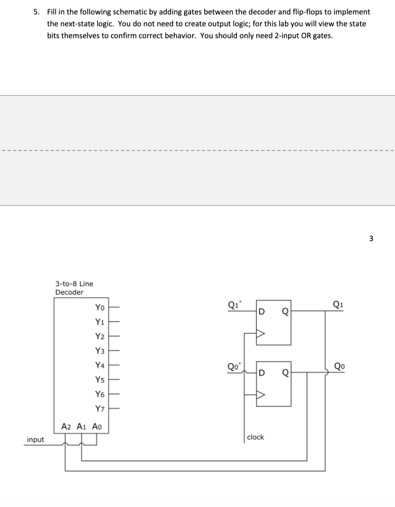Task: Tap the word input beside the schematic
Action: coord(36,440)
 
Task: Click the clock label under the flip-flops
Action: coord(255,437)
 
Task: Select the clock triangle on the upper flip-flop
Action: coord(261,333)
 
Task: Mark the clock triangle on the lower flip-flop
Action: coord(261,395)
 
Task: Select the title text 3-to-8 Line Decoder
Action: coord(74,288)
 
